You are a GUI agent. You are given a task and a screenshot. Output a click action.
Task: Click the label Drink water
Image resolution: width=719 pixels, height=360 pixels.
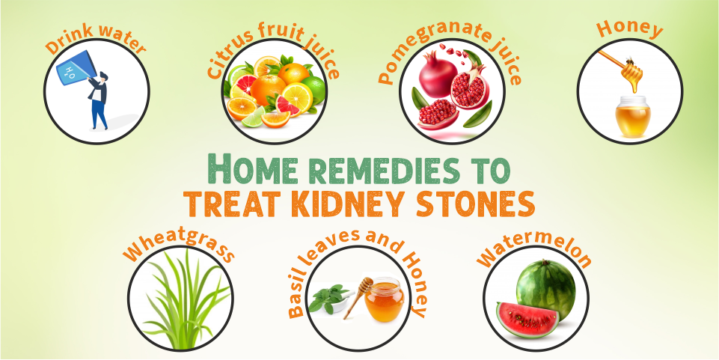[96, 41]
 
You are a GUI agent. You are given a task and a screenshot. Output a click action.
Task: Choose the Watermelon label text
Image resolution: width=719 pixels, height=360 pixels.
[534, 251]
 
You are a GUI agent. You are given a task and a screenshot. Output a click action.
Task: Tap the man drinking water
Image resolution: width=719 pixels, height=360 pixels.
[98, 101]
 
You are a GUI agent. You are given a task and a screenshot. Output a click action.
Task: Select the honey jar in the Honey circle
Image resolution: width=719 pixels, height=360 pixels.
[633, 117]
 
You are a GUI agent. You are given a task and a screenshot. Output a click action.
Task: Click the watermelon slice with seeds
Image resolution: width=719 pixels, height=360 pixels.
[527, 318]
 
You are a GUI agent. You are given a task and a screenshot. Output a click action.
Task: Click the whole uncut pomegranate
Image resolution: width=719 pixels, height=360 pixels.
[438, 73]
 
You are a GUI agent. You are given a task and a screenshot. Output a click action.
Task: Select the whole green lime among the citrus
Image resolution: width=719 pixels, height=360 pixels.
[314, 90]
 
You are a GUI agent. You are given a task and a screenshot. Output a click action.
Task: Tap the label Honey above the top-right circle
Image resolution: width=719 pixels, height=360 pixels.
[629, 29]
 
